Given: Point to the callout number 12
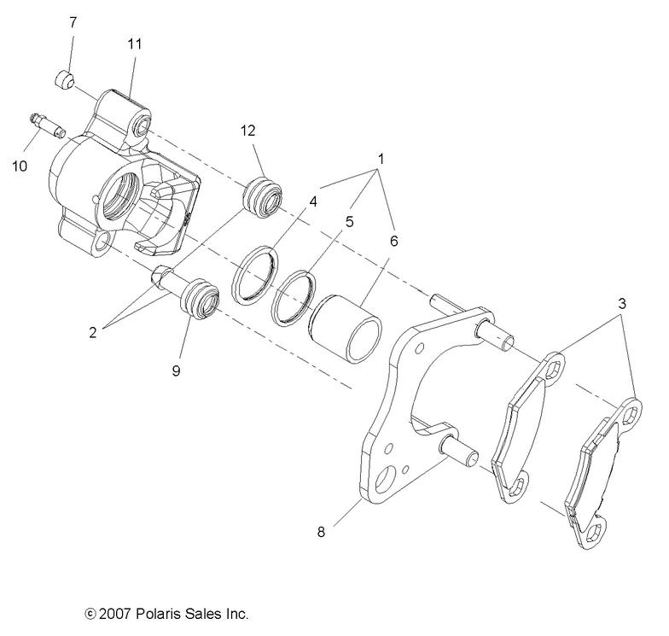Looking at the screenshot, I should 247,131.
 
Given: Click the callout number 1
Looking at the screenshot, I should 380,159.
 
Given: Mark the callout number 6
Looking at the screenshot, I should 393,241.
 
